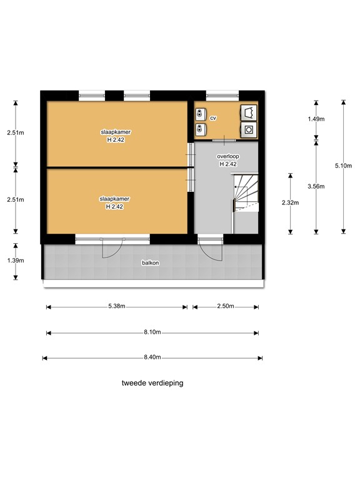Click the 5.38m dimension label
[117, 306]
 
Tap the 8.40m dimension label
[152, 357]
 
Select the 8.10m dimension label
[152, 332]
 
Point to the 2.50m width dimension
[226, 306]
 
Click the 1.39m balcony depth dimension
[16, 261]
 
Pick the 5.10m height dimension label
[344, 166]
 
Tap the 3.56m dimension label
[316, 186]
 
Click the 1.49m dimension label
[316, 119]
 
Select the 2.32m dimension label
[291, 202]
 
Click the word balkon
[150, 263]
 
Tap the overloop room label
[228, 156]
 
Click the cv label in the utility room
[213, 118]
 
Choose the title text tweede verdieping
[152, 383]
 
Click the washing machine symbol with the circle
[249, 130]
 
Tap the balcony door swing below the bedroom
[112, 249]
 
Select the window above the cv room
[222, 96]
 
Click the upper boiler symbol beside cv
[201, 114]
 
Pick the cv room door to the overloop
[224, 140]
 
